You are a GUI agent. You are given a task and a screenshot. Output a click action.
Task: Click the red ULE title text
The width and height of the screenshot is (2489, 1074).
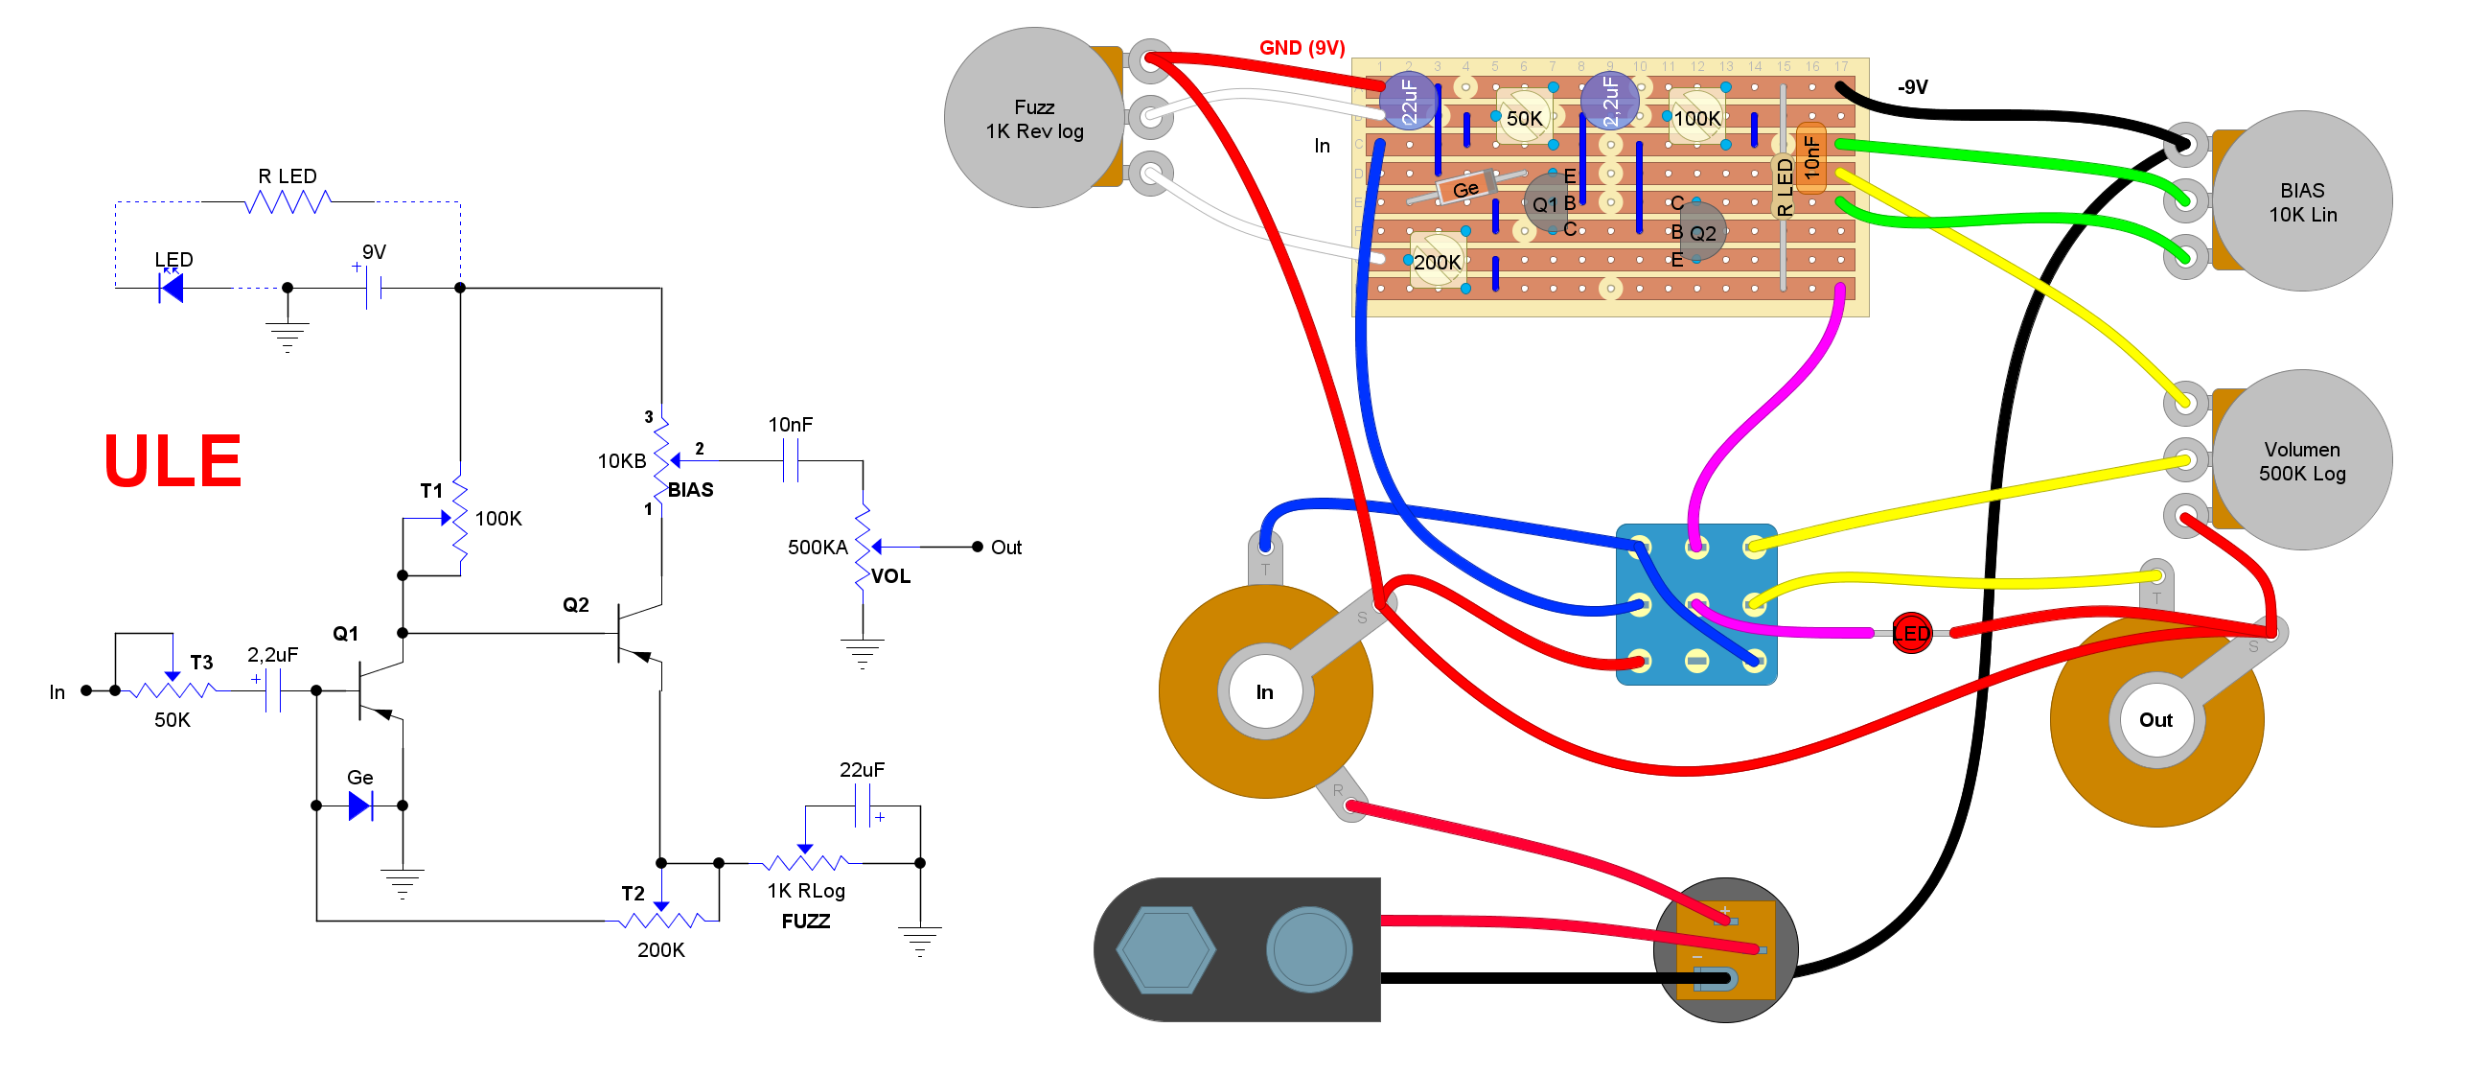click(x=172, y=461)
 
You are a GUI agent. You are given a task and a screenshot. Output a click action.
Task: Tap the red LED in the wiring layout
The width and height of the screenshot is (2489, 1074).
click(x=1910, y=634)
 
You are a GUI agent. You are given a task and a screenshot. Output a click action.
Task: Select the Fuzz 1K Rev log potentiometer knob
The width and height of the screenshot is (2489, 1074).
click(x=1034, y=118)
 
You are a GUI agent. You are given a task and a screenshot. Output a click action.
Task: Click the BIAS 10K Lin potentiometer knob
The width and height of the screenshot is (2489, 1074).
click(x=2301, y=202)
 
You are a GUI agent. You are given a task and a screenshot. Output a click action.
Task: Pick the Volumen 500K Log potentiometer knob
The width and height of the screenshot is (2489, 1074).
click(x=2301, y=461)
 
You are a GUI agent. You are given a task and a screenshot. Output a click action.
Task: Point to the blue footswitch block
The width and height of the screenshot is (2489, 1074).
click(x=1695, y=605)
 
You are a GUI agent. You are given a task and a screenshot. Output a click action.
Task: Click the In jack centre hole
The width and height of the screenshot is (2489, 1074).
click(x=1264, y=692)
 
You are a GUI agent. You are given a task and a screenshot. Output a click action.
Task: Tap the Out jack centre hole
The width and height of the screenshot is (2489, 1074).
click(x=2155, y=720)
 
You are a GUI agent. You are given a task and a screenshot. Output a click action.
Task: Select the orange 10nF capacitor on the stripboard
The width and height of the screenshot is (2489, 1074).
click(x=1811, y=157)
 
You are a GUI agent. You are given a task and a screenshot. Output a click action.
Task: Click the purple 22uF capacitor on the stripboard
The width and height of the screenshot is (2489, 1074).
click(x=1408, y=101)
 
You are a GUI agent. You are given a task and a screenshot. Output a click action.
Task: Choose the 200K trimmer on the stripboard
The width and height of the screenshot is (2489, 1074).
click(x=1437, y=261)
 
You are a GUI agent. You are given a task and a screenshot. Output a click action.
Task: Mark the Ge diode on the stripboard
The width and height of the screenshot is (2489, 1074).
click(x=1464, y=189)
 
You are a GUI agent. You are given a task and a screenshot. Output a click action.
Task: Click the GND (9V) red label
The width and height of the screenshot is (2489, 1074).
click(x=1302, y=47)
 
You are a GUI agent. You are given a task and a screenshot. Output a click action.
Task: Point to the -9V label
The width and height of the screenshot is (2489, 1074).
click(x=1912, y=87)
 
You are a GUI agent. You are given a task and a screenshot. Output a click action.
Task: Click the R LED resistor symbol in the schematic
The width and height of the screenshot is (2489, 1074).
click(x=287, y=202)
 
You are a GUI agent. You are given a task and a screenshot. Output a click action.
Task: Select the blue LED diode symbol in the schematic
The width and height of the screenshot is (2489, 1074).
click(x=172, y=288)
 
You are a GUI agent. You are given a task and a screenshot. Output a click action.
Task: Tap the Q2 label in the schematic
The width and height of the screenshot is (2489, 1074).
click(x=576, y=605)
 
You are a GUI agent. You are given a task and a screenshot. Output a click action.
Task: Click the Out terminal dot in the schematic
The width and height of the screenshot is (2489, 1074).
click(x=977, y=548)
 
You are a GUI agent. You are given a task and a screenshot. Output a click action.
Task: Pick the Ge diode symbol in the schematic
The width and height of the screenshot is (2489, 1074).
click(x=360, y=805)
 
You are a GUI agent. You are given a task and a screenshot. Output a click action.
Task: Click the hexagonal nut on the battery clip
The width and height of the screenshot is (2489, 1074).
click(x=1165, y=950)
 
